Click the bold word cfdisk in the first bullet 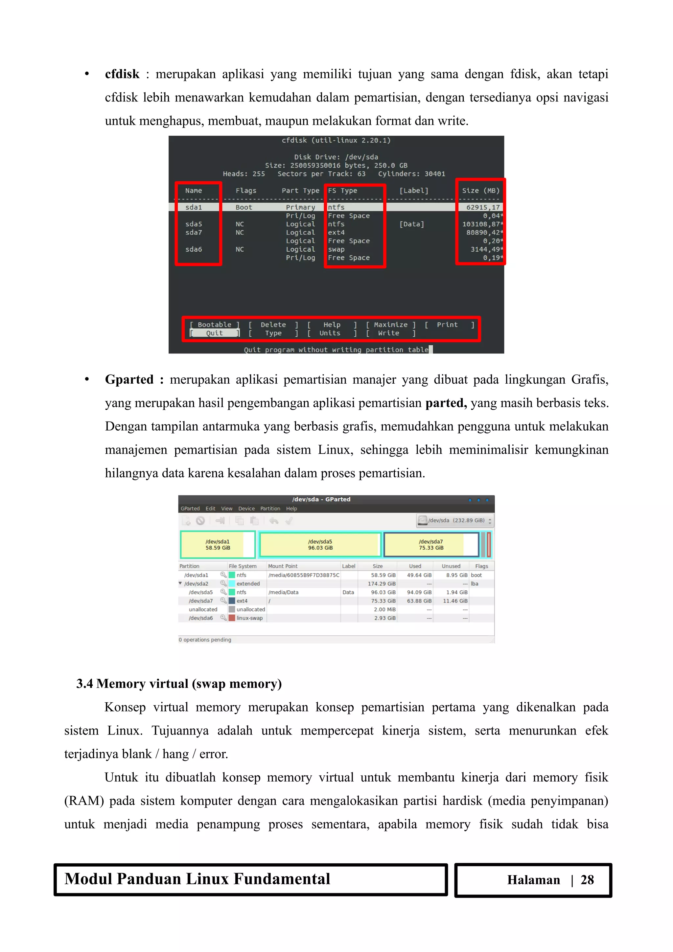(122, 74)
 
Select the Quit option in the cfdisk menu (214, 333)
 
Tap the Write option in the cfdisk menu (388, 333)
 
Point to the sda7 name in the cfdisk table (194, 233)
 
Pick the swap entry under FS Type (336, 249)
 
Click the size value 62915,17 (483, 207)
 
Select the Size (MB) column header (480, 191)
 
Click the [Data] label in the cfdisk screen (411, 224)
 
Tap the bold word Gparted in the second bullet (129, 379)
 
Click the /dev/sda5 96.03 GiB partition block (320, 544)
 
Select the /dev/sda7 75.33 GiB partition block (431, 544)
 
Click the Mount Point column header (283, 566)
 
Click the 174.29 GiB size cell (382, 583)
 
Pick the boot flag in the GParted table (476, 575)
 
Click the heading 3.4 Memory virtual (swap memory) (179, 683)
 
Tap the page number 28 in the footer (587, 879)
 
